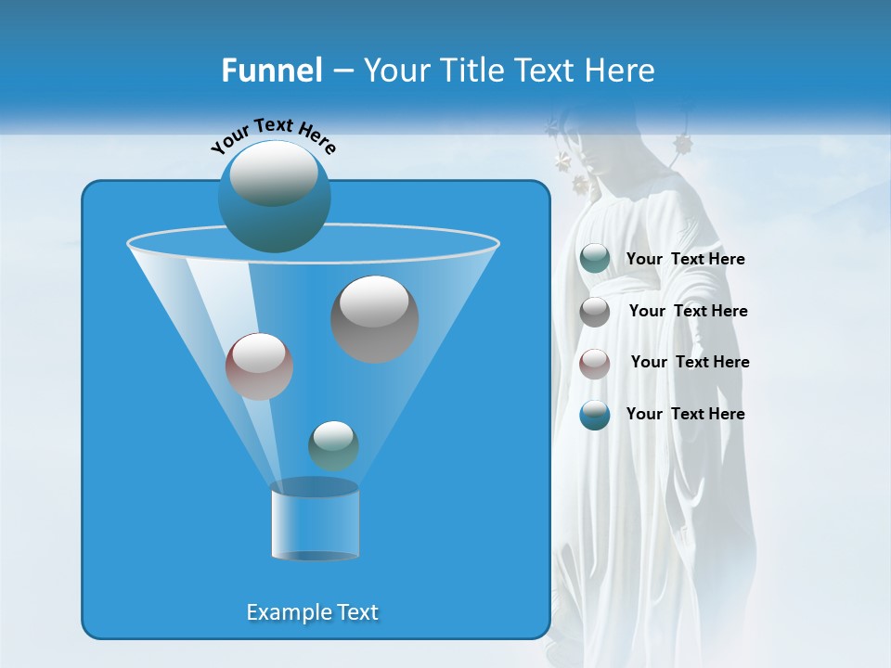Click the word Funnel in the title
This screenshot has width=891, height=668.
click(x=271, y=71)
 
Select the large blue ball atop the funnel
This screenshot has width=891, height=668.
click(x=275, y=197)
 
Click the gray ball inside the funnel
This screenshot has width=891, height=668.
click(x=375, y=319)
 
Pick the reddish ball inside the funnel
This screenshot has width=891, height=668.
click(x=259, y=366)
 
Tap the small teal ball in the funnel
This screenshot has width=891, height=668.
click(x=333, y=445)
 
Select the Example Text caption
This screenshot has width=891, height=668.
click(x=313, y=612)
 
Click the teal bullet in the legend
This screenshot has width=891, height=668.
click(x=595, y=259)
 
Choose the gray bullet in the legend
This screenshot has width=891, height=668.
click(x=595, y=312)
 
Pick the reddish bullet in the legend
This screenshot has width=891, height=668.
click(x=595, y=364)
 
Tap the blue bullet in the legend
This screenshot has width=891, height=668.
click(x=595, y=415)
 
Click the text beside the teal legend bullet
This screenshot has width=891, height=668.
click(x=685, y=260)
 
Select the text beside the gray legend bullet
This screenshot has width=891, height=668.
click(x=688, y=312)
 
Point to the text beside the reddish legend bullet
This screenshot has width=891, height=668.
click(x=690, y=363)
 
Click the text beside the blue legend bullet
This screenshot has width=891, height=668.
click(x=685, y=415)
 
